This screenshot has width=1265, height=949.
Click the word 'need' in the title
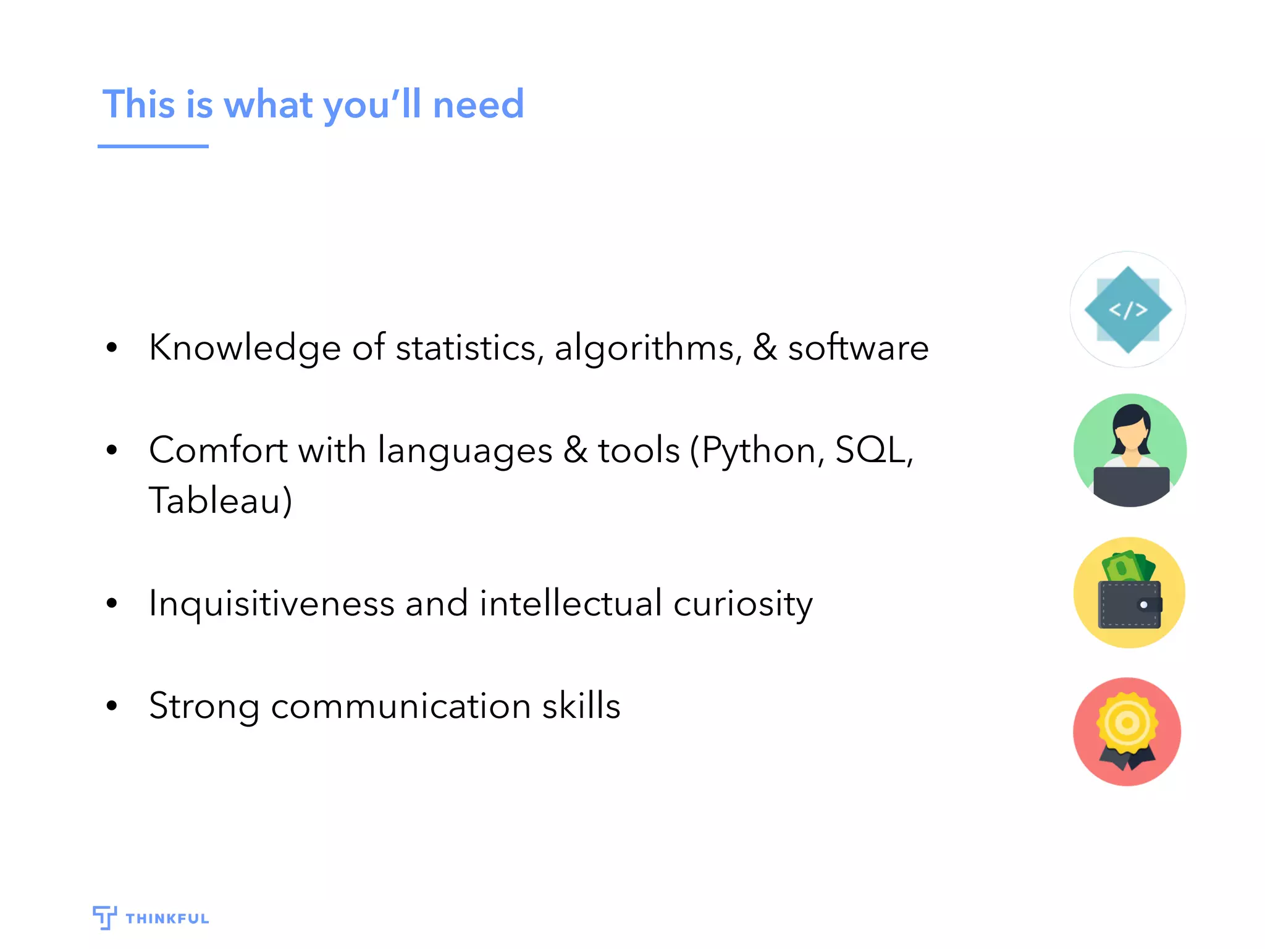478,104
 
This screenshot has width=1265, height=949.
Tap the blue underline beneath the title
153,146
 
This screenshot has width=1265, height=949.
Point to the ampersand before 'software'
765,347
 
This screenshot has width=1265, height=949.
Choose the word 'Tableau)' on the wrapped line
221,500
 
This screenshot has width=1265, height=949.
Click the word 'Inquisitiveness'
272,604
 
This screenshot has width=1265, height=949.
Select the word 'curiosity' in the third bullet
743,604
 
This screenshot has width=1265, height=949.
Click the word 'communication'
401,706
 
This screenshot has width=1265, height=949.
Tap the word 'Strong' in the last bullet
204,706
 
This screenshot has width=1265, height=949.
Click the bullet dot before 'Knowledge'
112,347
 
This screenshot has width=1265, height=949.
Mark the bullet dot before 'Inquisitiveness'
112,603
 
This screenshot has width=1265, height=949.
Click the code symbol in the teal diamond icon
1128,310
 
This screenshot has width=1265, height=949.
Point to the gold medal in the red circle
1127,723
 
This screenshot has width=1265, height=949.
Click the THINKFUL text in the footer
167,919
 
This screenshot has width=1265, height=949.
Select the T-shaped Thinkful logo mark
104,917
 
